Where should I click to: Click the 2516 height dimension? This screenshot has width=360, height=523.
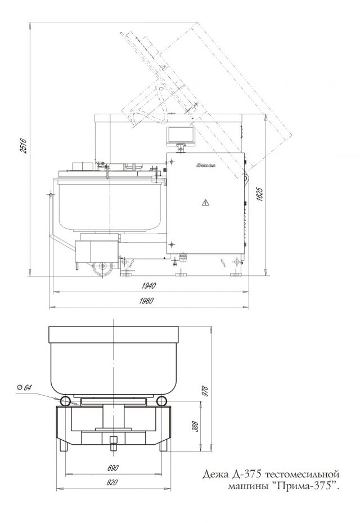click(23, 145)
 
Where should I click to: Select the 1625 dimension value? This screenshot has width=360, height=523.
click(260, 194)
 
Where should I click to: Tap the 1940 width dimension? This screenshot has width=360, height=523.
click(149, 286)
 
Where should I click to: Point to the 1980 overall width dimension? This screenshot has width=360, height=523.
click(146, 301)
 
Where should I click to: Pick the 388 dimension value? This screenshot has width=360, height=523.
click(195, 427)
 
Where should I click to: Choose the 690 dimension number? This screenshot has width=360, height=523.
click(112, 468)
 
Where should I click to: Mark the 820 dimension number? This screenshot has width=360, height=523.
click(112, 482)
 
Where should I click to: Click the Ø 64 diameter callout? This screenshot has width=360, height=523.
click(24, 387)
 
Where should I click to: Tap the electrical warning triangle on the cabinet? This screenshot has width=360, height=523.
click(205, 202)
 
